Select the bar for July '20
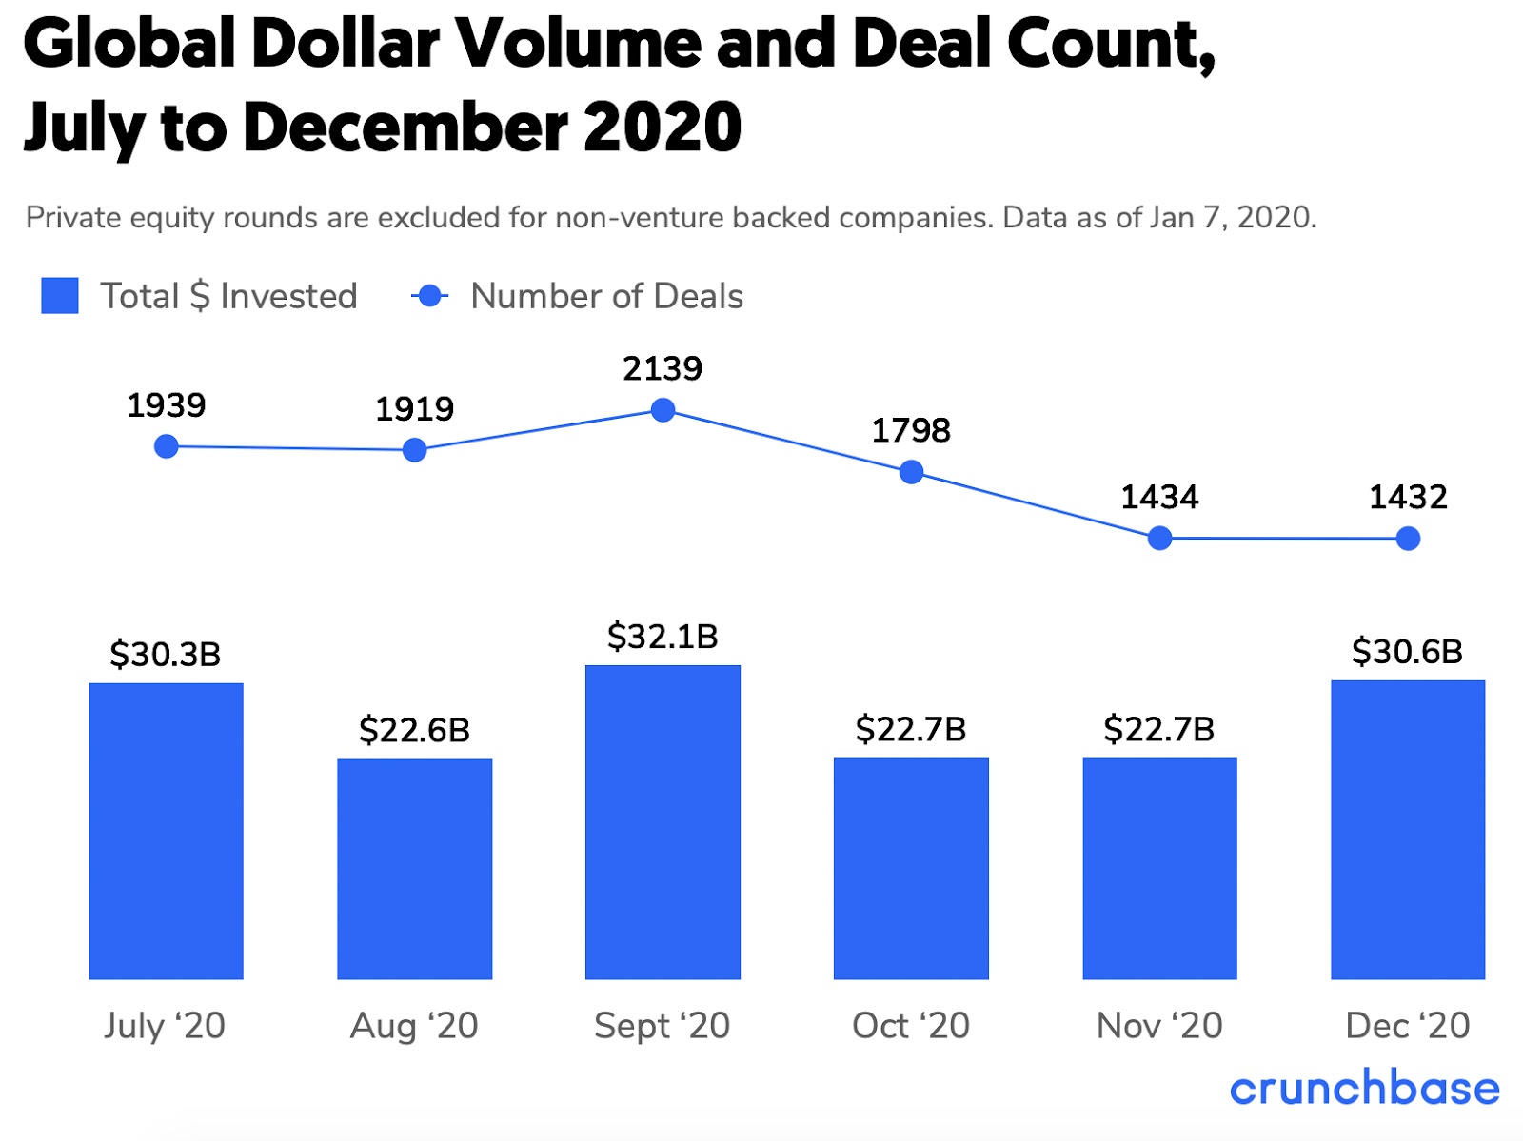pos(166,830)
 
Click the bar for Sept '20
pos(663,821)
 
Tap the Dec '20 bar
pos(1407,829)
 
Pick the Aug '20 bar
pos(414,868)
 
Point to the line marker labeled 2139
pos(663,410)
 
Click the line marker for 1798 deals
pos(911,472)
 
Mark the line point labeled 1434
pos(1159,539)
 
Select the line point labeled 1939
pos(166,446)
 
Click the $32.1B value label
pos(663,636)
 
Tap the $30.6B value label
pos(1407,652)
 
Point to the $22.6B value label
pos(414,730)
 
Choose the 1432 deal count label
pos(1408,497)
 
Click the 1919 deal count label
pos(414,409)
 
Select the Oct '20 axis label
pos(911,1025)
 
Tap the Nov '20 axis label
pos(1159,1025)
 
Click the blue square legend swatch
pos(60,296)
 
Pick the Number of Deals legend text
pos(606,296)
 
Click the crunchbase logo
pos(1364,1088)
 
